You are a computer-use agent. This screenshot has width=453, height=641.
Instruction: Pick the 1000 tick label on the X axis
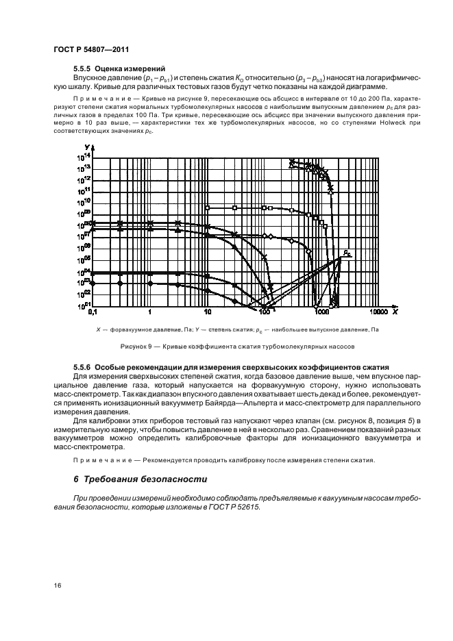(x=320, y=312)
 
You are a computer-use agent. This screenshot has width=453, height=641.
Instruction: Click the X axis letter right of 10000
(x=395, y=311)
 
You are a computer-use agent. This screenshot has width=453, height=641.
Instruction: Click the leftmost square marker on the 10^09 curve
(x=208, y=208)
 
